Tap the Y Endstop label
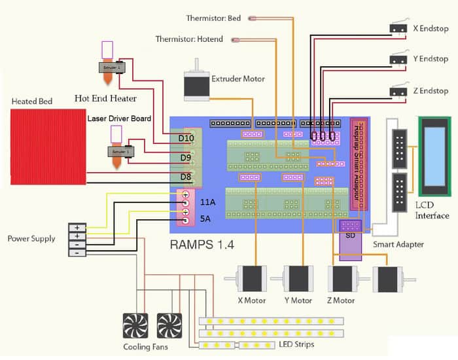[430, 59]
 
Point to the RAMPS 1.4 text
[202, 245]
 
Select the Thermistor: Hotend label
[189, 39]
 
